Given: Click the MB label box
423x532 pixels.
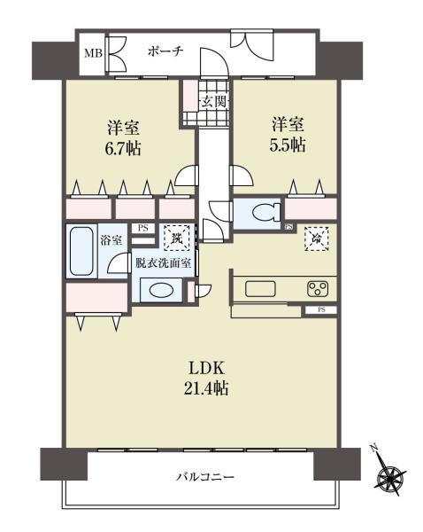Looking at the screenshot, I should [92, 52].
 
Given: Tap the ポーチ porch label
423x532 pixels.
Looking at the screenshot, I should [165, 51].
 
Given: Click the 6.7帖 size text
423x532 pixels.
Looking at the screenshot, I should [125, 146].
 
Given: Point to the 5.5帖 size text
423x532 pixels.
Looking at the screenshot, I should [288, 145].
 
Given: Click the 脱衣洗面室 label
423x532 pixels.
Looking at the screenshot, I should [165, 262].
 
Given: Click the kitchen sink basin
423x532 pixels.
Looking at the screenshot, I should [262, 288].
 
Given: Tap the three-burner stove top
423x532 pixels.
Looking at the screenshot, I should [318, 288].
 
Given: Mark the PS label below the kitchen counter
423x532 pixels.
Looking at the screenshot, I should [320, 309].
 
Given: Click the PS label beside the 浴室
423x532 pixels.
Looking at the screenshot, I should [142, 227].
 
